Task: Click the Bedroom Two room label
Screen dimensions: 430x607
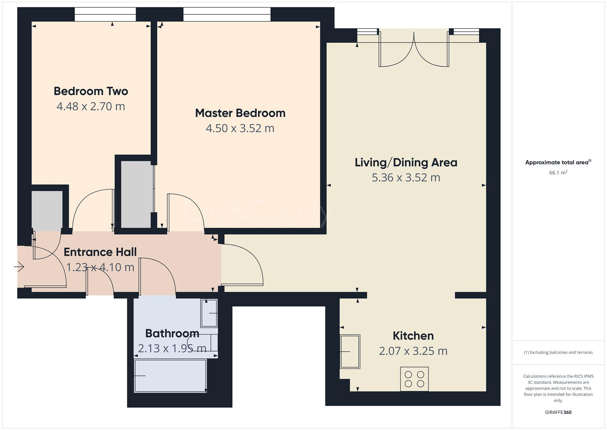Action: tap(91, 91)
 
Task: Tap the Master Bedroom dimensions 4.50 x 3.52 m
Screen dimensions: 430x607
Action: tap(240, 128)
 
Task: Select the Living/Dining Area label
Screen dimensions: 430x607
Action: tap(406, 162)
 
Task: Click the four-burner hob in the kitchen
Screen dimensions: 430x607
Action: tap(414, 379)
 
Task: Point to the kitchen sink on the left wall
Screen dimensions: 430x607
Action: tap(350, 352)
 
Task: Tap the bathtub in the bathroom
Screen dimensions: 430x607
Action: tap(170, 375)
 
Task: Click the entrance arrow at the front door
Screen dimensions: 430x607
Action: tap(19, 267)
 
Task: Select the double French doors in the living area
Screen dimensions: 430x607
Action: tap(414, 50)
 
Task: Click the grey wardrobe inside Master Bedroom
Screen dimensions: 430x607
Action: tap(137, 194)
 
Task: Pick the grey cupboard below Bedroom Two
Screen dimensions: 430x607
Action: tap(47, 210)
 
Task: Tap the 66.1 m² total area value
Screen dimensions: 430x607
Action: tap(558, 173)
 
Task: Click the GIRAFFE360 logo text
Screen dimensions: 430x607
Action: tap(558, 412)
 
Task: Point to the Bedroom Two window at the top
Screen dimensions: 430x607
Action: tap(105, 15)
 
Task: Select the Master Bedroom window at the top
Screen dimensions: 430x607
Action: tap(227, 15)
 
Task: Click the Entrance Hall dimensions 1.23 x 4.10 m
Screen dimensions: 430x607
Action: tap(100, 267)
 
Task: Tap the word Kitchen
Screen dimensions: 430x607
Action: tap(413, 336)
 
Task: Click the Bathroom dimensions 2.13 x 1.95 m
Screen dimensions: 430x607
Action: tap(172, 348)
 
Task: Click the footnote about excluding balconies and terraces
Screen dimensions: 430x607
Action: tap(558, 352)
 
